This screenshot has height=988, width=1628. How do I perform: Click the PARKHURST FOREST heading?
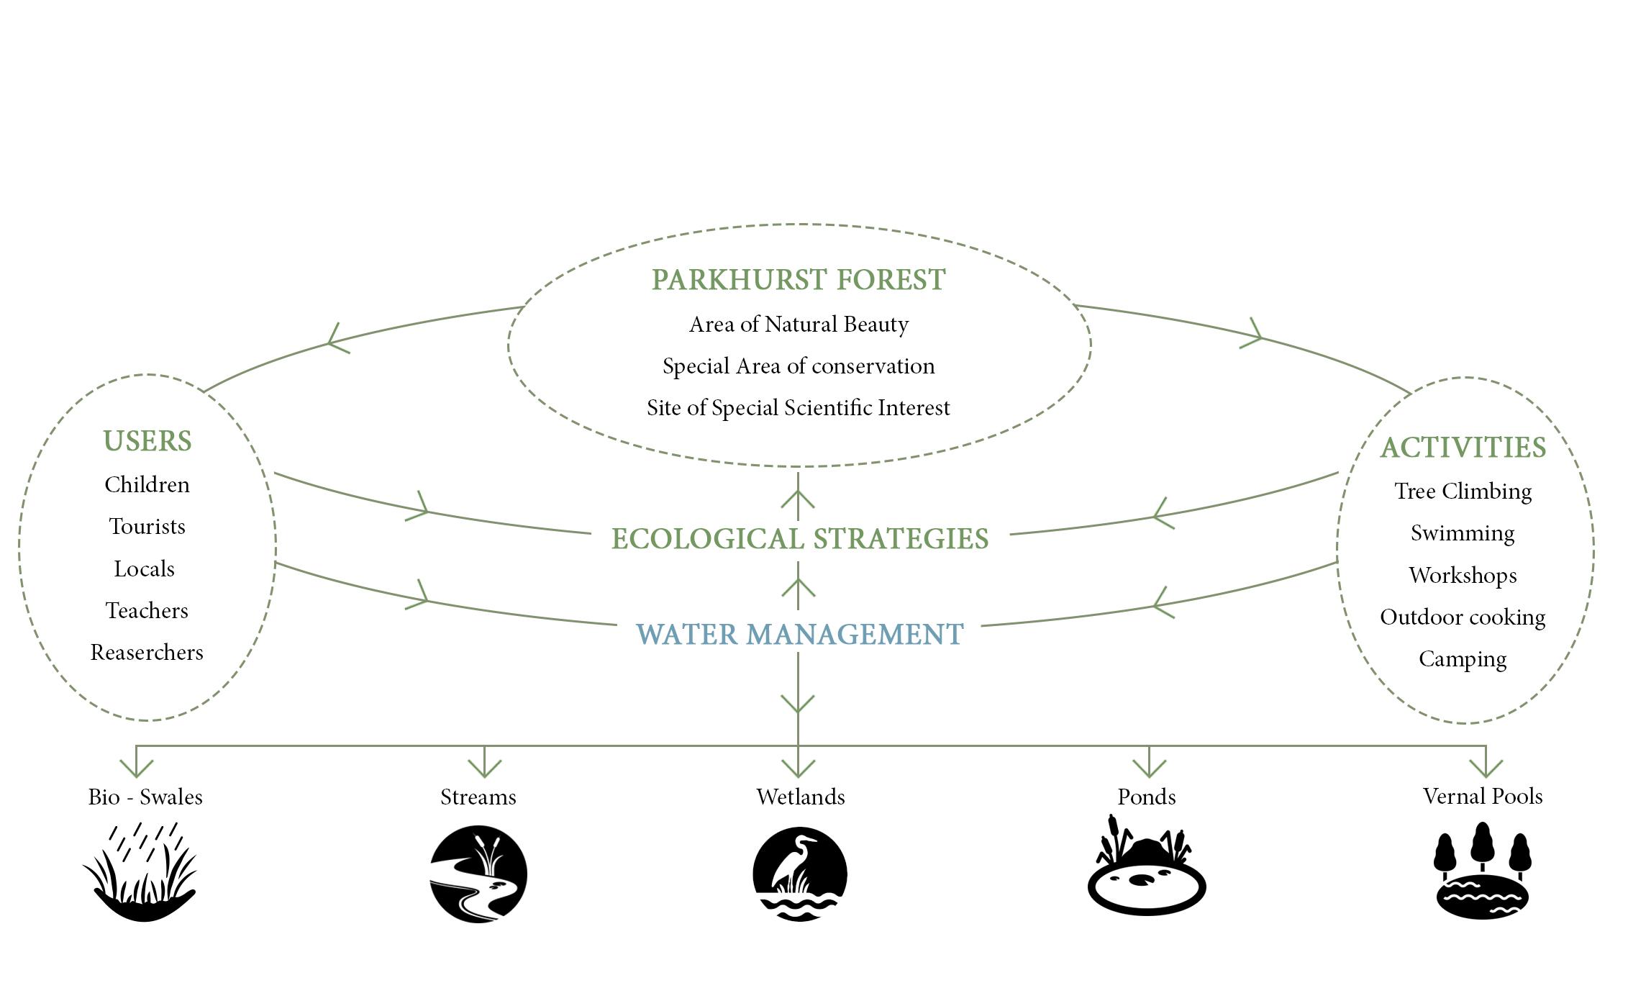tap(799, 280)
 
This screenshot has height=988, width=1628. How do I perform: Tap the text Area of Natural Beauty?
tap(799, 325)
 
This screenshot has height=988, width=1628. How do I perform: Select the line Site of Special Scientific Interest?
tap(799, 408)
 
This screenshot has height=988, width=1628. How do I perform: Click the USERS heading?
tap(147, 441)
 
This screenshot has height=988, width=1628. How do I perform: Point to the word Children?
tap(147, 485)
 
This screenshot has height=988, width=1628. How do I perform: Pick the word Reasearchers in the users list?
tap(147, 653)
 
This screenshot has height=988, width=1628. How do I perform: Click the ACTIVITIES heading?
tap(1463, 448)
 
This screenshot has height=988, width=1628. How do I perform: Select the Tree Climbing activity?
tap(1463, 491)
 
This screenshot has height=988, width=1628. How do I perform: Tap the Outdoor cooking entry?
tap(1463, 617)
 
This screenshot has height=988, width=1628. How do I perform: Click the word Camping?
tap(1463, 659)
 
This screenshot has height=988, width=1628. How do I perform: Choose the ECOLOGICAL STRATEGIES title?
tap(800, 539)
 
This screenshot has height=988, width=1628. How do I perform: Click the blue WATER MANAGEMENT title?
tap(800, 635)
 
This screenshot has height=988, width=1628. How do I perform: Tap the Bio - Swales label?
tap(145, 797)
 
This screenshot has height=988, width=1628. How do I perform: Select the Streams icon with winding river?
tap(478, 874)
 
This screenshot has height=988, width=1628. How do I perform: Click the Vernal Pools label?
tap(1483, 796)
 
